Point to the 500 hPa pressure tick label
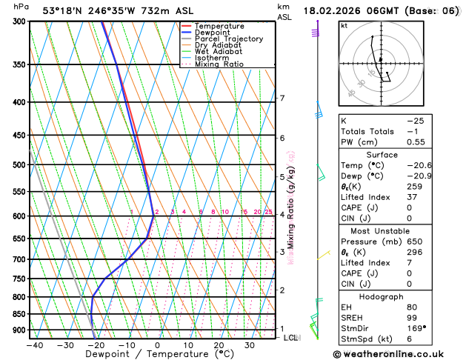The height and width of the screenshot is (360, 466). tap(19, 165)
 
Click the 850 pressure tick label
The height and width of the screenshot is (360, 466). tap(19, 314)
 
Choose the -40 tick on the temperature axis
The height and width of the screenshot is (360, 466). tap(34, 345)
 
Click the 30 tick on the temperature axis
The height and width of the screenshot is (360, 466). tap(250, 345)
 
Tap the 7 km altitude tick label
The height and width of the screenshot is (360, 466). tap(282, 99)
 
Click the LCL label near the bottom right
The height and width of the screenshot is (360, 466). tap(291, 338)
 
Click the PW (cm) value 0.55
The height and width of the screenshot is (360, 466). tap(420, 142)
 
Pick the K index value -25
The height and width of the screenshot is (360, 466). tap(420, 120)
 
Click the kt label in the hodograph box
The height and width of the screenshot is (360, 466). tap(344, 26)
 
